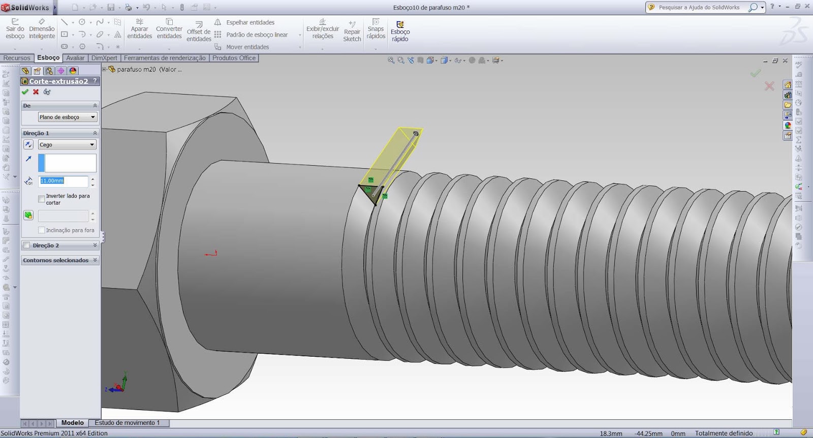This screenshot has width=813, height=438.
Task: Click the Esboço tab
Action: pyautogui.click(x=48, y=58)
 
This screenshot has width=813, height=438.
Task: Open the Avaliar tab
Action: pyautogui.click(x=75, y=58)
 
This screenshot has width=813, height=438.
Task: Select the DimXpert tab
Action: pyautogui.click(x=104, y=58)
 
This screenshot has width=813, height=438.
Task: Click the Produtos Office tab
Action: pyautogui.click(x=234, y=58)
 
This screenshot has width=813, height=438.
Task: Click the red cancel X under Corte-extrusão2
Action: pyautogui.click(x=36, y=92)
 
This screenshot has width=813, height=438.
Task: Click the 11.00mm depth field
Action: pyautogui.click(x=63, y=181)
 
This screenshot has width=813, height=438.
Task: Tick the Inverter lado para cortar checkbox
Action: pyautogui.click(x=42, y=199)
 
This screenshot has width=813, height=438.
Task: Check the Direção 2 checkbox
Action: pyautogui.click(x=27, y=245)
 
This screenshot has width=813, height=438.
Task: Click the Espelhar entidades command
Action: pyautogui.click(x=249, y=22)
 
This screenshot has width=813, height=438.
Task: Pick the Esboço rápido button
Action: pyautogui.click(x=400, y=32)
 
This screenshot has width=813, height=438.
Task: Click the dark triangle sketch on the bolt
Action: pyautogui.click(x=371, y=193)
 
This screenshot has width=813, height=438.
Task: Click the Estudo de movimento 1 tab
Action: pyautogui.click(x=127, y=423)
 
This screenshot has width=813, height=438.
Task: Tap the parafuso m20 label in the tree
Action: pyautogui.click(x=136, y=70)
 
